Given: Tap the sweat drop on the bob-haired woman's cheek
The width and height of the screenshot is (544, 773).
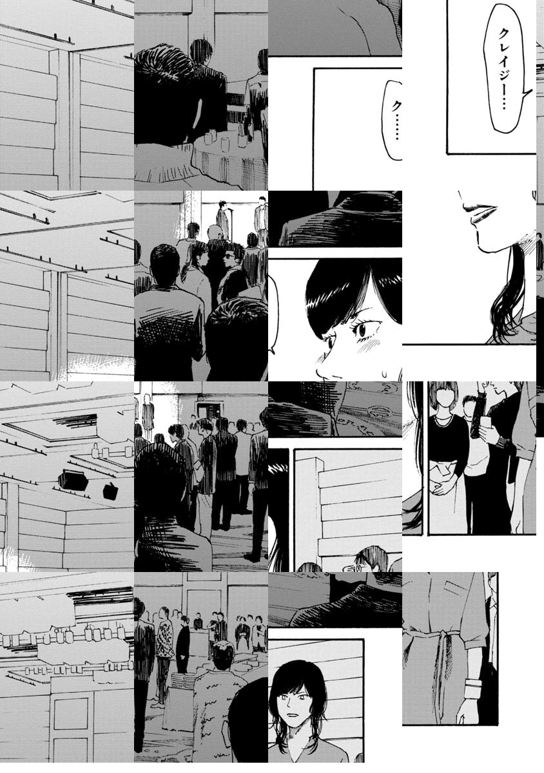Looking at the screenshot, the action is [x=384, y=373].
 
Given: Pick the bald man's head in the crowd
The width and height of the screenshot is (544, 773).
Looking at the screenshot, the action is [x=215, y=233].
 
